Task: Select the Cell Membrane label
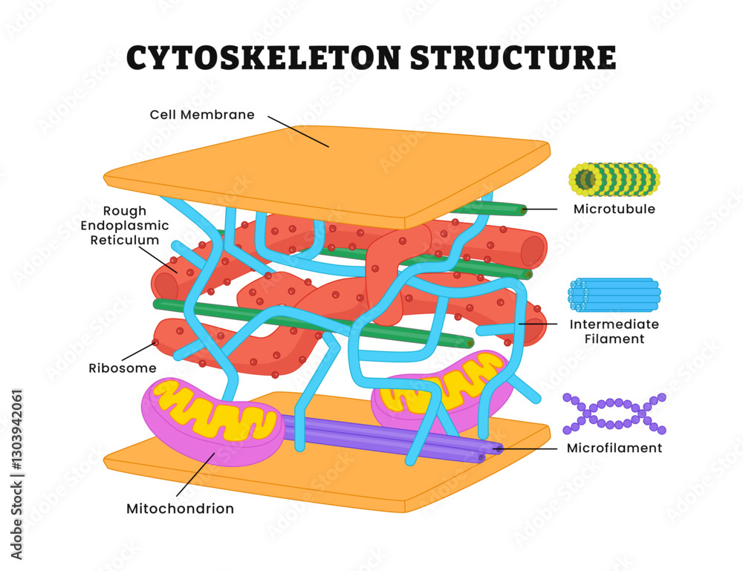click(202, 115)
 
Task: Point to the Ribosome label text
click(122, 368)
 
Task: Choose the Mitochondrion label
click(180, 509)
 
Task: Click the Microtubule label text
click(614, 209)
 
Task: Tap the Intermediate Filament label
click(614, 331)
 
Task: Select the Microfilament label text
click(614, 448)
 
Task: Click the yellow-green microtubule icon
click(614, 179)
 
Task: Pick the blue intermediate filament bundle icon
click(614, 296)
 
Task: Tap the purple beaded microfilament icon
click(614, 414)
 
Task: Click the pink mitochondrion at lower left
click(212, 423)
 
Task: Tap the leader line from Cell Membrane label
click(297, 130)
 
